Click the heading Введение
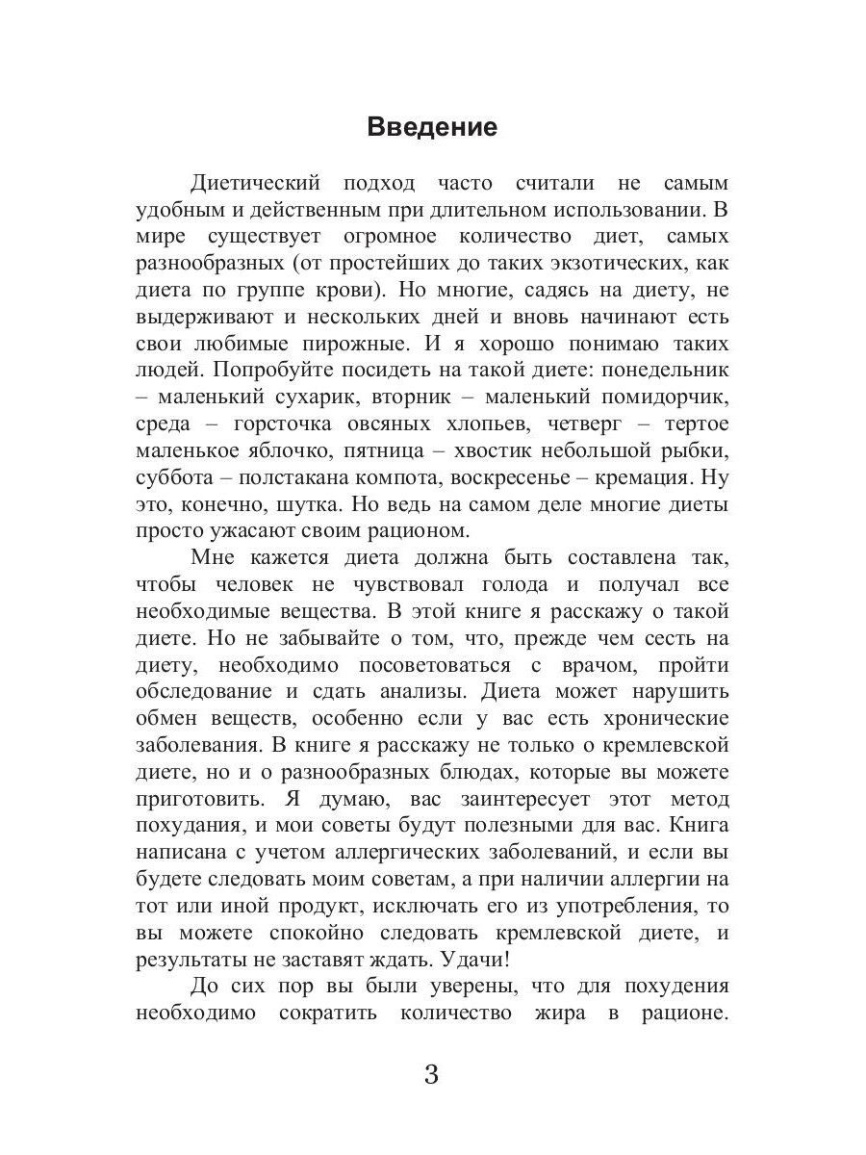[432, 127]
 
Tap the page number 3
[431, 1075]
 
